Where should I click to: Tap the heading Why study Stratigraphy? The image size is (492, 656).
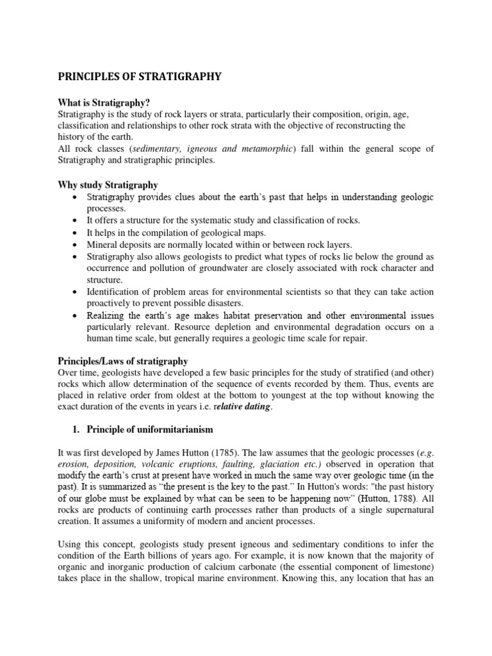pos(108,185)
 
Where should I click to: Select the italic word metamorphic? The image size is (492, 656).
pos(265,149)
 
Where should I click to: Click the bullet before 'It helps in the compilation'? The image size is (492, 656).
pos(77,233)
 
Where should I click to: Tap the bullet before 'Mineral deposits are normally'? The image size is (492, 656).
pos(77,245)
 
